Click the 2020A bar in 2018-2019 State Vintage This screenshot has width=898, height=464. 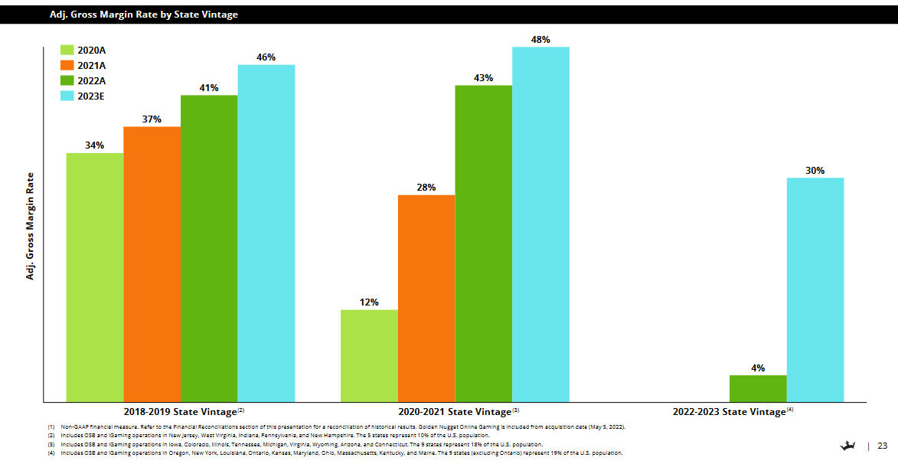click(x=94, y=277)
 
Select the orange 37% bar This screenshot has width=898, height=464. click(x=152, y=263)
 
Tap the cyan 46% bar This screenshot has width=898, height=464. click(x=266, y=233)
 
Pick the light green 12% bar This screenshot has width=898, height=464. click(x=369, y=355)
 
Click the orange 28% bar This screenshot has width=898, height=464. click(x=426, y=298)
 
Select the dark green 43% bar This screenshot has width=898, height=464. click(x=483, y=243)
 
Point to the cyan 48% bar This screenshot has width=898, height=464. click(x=540, y=224)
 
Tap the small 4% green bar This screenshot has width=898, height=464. click(x=757, y=388)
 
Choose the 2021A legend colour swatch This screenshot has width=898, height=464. click(x=67, y=66)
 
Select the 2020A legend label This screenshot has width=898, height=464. click(x=91, y=51)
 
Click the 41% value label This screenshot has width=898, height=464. click(x=209, y=88)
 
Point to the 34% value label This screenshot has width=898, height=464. click(x=94, y=145)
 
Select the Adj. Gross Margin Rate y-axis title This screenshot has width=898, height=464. click(x=31, y=225)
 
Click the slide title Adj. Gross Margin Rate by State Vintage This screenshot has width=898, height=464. click(x=143, y=15)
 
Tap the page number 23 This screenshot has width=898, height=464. click(x=882, y=446)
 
